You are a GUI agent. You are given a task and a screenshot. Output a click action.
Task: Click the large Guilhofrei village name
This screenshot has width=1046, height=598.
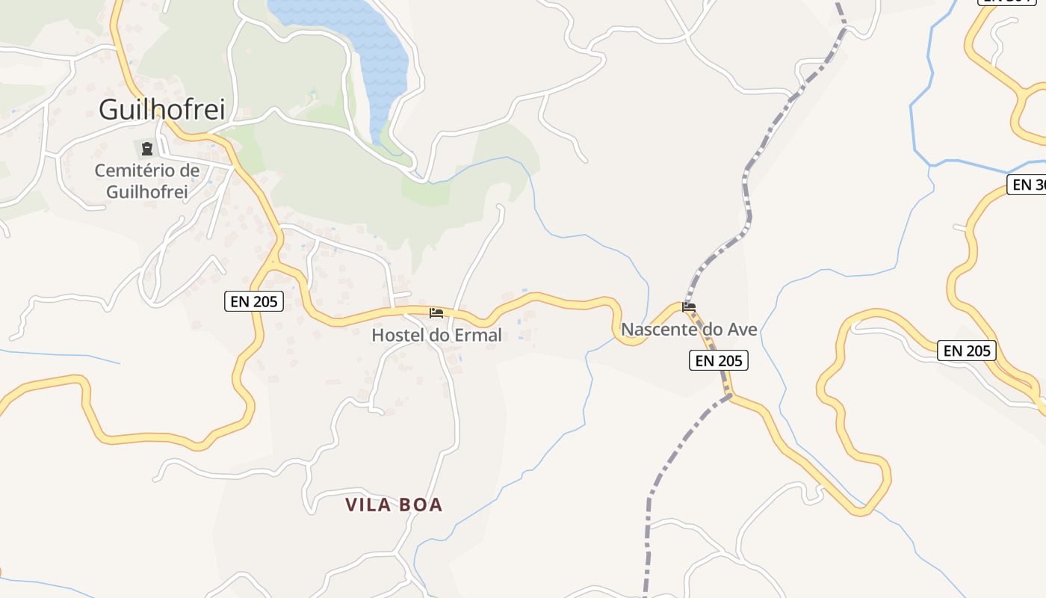(x=161, y=110)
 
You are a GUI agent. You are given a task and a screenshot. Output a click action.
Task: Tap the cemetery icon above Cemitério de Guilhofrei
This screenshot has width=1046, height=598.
(x=147, y=149)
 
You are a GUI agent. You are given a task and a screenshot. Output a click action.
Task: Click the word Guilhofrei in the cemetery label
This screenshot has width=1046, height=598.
(x=146, y=191)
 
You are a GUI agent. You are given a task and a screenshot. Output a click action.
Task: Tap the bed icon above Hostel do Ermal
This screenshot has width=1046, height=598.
(x=436, y=312)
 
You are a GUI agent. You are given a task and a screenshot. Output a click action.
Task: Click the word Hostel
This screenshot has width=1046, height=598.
(x=398, y=336)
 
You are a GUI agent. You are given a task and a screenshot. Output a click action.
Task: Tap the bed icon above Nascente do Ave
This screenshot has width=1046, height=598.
(x=689, y=306)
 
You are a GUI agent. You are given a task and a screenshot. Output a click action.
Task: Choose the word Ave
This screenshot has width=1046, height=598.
(x=741, y=330)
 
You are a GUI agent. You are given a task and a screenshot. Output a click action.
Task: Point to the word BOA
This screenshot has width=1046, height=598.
(x=421, y=505)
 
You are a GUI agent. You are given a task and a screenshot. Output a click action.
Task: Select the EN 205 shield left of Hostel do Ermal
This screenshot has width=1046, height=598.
(x=254, y=301)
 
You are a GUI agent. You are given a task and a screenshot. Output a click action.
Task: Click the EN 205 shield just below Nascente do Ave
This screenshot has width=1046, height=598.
(x=718, y=361)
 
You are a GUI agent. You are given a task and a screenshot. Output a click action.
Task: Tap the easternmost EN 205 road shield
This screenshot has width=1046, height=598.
(x=967, y=351)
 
